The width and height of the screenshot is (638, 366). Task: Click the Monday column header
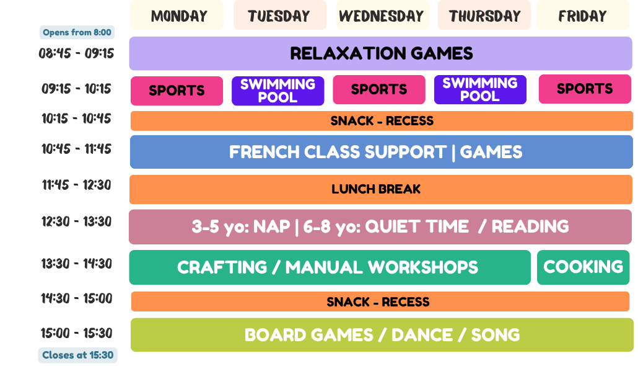[x=177, y=16]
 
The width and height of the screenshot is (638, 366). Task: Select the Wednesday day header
[x=382, y=16]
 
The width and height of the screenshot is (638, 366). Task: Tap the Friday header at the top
[x=583, y=16]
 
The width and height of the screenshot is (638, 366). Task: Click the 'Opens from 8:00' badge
[x=77, y=32]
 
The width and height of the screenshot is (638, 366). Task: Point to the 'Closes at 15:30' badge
[x=77, y=355]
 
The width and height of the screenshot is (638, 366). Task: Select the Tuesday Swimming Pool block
[x=278, y=91]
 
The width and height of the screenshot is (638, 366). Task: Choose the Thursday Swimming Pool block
[x=480, y=89]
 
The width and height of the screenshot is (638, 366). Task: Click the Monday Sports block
[x=177, y=91]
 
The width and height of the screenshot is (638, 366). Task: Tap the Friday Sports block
[x=585, y=89]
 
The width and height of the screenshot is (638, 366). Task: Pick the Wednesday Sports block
[x=379, y=89]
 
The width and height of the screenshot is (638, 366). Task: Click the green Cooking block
[x=583, y=267]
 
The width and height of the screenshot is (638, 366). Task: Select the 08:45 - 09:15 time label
[x=76, y=53]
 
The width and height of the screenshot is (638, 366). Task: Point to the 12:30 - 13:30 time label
[x=76, y=221]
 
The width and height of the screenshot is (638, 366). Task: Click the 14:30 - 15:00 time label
[x=76, y=298]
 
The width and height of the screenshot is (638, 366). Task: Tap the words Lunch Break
[x=376, y=189]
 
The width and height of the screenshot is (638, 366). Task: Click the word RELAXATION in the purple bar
[x=347, y=53]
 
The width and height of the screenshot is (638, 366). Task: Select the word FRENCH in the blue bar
[x=264, y=152]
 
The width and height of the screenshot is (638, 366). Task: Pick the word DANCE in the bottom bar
[x=422, y=335]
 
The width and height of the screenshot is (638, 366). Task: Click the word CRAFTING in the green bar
[x=222, y=267]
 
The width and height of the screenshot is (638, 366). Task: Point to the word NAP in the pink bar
[x=271, y=226]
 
